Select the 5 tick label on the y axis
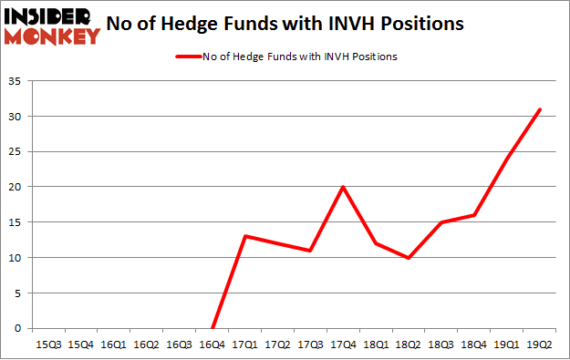19,293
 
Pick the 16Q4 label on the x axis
212,344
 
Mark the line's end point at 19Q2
540,109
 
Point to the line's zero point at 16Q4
212,328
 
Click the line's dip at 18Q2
409,258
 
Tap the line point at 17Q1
244,236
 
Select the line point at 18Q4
474,215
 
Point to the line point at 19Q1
507,159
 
